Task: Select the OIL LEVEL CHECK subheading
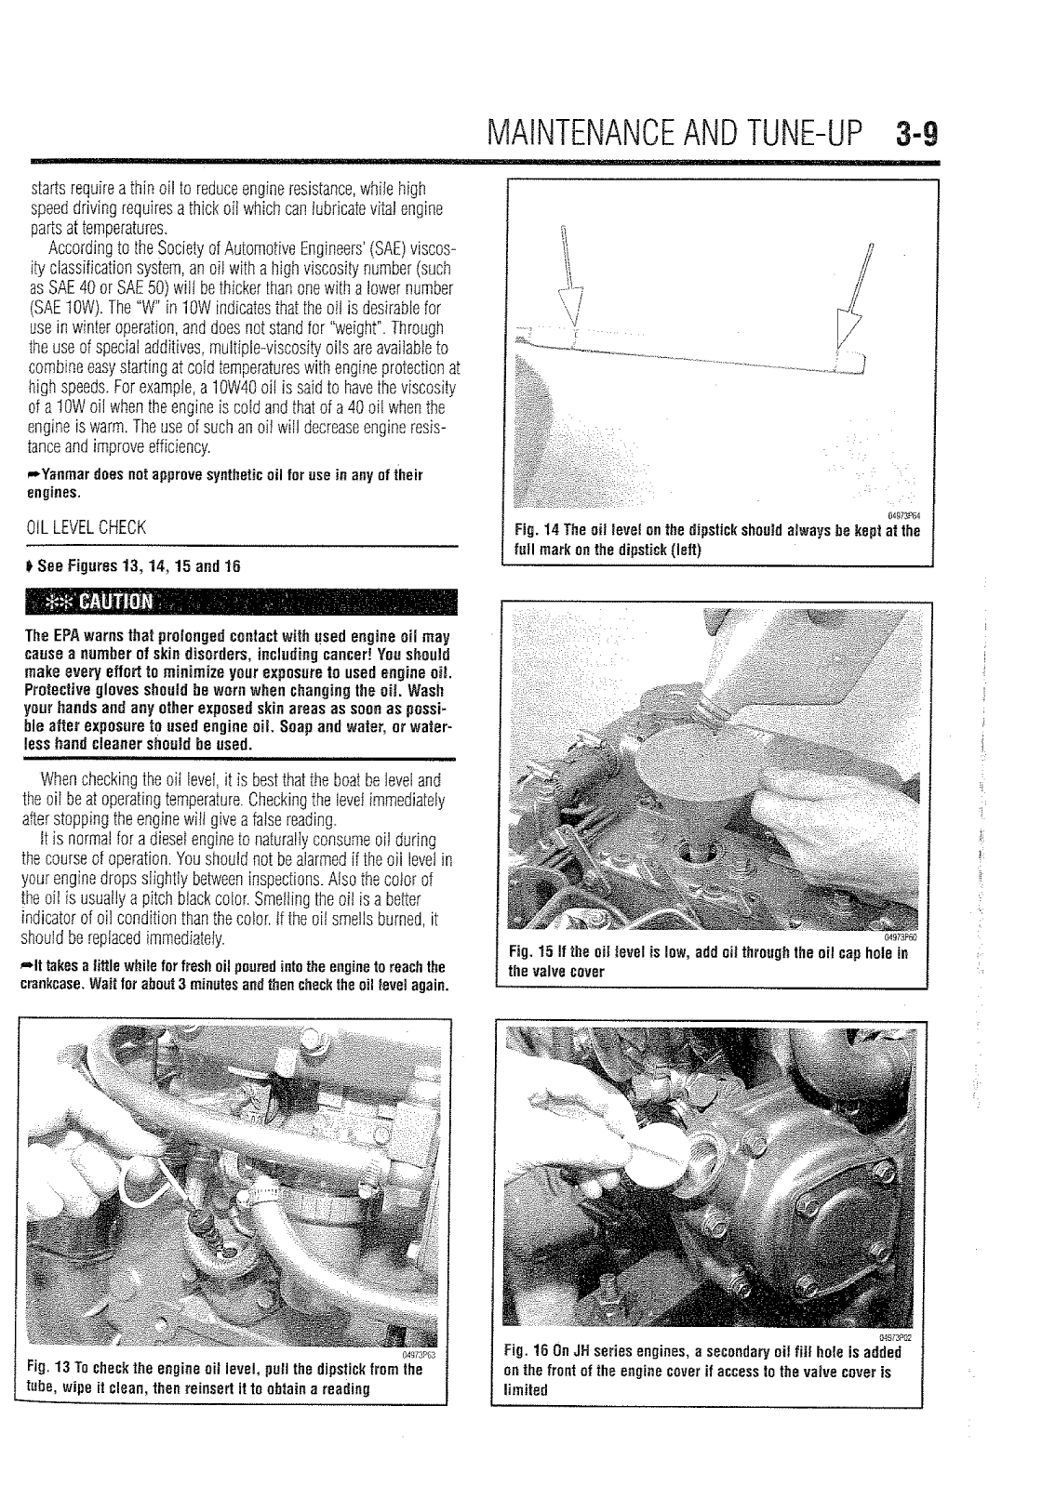pos(89,527)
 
